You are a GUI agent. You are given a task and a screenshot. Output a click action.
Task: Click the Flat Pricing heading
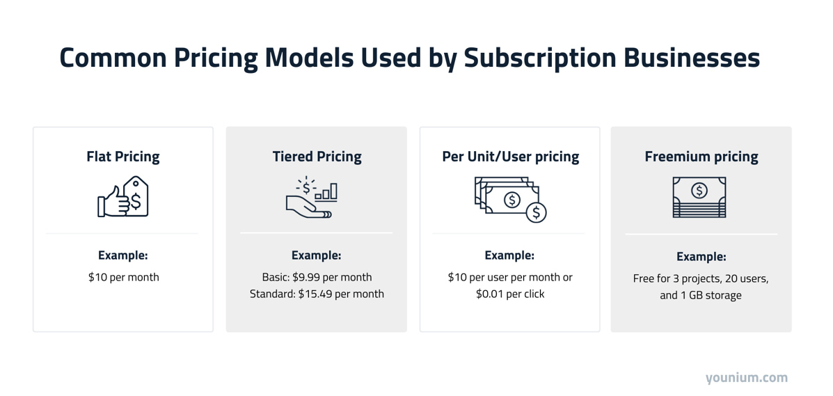123,157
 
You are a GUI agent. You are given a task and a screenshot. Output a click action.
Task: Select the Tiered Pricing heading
317,157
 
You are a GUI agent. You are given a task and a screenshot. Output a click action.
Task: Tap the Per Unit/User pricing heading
510,157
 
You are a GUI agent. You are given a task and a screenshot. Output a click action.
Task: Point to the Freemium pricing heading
701,157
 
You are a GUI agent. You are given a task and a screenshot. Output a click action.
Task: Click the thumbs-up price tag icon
123,197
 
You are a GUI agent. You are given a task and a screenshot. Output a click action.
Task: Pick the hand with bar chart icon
312,198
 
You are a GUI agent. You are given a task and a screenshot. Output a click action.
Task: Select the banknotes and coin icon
510,199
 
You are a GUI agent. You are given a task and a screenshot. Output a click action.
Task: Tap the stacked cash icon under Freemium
699,197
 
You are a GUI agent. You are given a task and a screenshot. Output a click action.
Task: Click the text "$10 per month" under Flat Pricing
123,277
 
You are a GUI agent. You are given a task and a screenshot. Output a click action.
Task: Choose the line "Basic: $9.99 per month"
317,277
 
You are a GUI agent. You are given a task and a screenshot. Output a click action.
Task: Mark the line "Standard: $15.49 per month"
317,294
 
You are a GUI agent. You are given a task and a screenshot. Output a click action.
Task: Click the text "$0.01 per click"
510,294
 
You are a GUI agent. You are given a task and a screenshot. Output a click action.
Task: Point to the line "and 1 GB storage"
701,295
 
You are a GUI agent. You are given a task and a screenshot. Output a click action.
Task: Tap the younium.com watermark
746,378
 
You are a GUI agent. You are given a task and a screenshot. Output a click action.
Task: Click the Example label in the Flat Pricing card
123,255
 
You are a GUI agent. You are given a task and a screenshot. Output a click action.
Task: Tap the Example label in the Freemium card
701,257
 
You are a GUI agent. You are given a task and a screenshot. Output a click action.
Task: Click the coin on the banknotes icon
536,213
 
